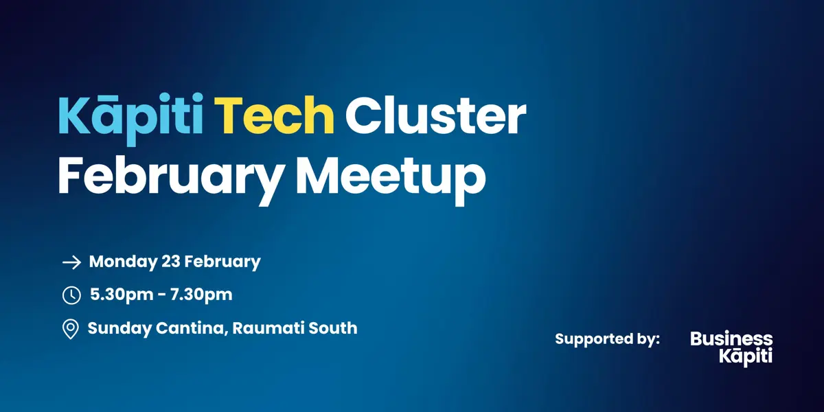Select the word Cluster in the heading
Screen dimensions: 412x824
(435, 117)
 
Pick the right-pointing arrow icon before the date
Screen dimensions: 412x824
(71, 262)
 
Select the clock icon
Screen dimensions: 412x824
(71, 295)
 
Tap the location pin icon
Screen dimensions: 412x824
(71, 330)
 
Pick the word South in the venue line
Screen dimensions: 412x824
(333, 328)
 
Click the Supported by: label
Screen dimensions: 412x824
(607, 339)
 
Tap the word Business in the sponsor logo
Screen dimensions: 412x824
(731, 339)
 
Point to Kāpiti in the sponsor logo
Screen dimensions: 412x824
(745, 356)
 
